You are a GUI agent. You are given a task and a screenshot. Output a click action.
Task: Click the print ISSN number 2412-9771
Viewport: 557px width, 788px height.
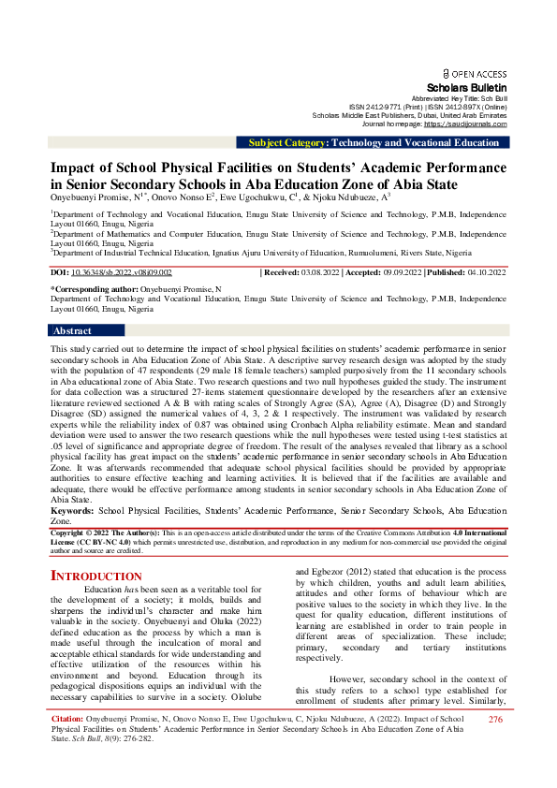[x=383, y=107]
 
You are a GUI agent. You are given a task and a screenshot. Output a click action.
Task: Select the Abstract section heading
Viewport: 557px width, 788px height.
[x=72, y=331]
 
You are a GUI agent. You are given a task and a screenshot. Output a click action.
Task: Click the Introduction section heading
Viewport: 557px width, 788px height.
[x=95, y=575]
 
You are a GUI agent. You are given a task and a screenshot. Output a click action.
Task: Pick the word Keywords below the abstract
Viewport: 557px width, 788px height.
[x=71, y=511]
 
